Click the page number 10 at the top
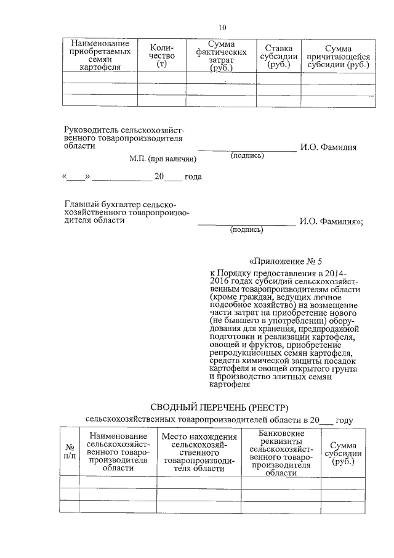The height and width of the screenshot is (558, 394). [223, 27]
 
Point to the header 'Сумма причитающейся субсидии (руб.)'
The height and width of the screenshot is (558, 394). [339, 56]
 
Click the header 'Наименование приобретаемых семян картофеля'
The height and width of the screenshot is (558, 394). [100, 56]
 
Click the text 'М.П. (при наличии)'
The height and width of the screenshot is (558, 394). [163, 159]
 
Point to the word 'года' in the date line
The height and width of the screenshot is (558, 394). [193, 177]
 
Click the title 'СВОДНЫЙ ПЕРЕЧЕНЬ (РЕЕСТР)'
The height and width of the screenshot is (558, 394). [219, 407]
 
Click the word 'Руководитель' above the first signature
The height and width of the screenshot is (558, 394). [92, 130]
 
